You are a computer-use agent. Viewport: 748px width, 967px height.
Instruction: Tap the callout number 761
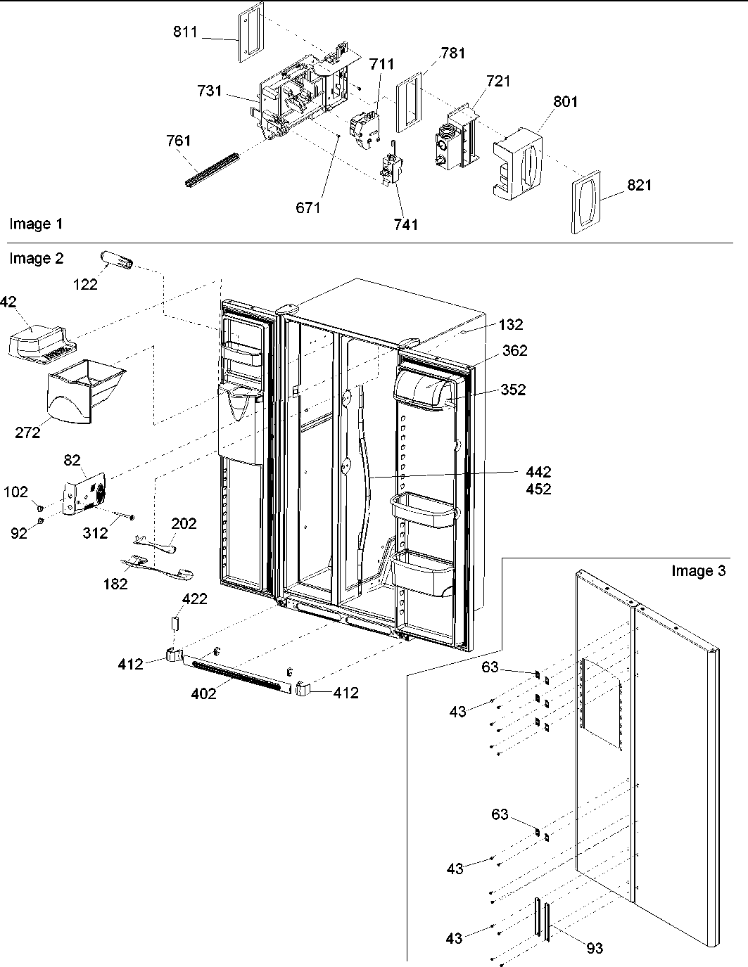[x=179, y=141]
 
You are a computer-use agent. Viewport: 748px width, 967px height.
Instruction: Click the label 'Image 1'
[x=36, y=224]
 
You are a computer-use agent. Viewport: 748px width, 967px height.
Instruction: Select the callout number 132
[x=511, y=325]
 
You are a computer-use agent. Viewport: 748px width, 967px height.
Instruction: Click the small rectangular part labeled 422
[x=177, y=623]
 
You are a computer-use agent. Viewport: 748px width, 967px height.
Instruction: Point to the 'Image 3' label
[x=697, y=571]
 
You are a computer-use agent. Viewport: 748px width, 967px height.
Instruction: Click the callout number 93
[x=594, y=948]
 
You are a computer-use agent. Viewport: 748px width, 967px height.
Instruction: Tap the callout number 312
[x=95, y=533]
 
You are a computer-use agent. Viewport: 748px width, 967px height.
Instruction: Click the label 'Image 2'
[x=36, y=259]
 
